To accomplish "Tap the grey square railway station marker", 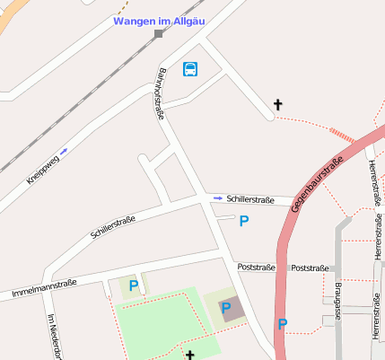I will [159, 34].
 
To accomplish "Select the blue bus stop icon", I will [190, 69].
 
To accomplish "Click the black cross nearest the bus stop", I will [277, 105].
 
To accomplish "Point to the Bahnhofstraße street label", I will [161, 93].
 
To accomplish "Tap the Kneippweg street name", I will [42, 171].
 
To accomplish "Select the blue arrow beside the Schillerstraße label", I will [218, 198].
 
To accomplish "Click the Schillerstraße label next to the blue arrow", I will [250, 198].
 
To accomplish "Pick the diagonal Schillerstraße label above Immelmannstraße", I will [112, 227].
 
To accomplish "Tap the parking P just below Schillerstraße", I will [243, 221].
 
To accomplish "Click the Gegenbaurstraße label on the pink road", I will [318, 184].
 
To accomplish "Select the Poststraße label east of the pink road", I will [311, 268].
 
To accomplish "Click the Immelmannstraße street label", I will [44, 288].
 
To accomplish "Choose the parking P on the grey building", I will [226, 309].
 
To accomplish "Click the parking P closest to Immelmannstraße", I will [134, 285].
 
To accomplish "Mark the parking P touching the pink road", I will [282, 324].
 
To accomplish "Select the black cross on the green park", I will [189, 355].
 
